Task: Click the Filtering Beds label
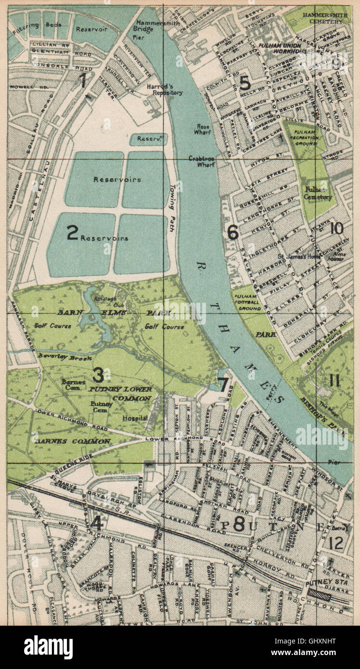point(42,23)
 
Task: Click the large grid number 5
point(244,83)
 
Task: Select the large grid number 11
point(334,380)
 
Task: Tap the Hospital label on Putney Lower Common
point(135,418)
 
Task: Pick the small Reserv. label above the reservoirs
point(148,139)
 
